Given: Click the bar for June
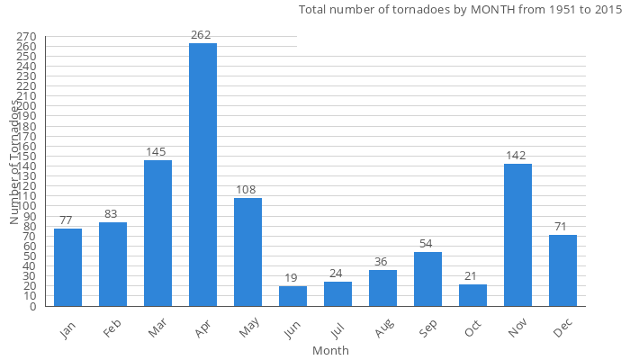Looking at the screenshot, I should (x=292, y=296).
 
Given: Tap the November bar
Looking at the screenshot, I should (x=517, y=235).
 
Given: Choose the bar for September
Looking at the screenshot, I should (x=427, y=279).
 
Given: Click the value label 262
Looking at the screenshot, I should (x=201, y=35).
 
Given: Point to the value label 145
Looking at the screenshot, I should (x=157, y=152).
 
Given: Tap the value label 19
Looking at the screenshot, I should (x=292, y=278).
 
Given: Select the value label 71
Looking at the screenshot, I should (x=562, y=226).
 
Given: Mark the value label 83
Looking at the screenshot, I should (x=112, y=214).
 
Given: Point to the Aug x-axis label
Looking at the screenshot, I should (x=382, y=331).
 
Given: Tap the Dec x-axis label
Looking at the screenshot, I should (x=563, y=330).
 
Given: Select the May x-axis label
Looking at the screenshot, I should (x=247, y=331).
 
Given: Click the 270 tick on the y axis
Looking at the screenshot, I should (x=27, y=37).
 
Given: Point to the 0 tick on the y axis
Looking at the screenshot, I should (x=32, y=306).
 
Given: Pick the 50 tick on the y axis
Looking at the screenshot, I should (x=30, y=256).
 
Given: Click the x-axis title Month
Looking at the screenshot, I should (x=330, y=350).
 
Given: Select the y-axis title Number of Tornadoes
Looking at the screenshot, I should (x=14, y=162).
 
